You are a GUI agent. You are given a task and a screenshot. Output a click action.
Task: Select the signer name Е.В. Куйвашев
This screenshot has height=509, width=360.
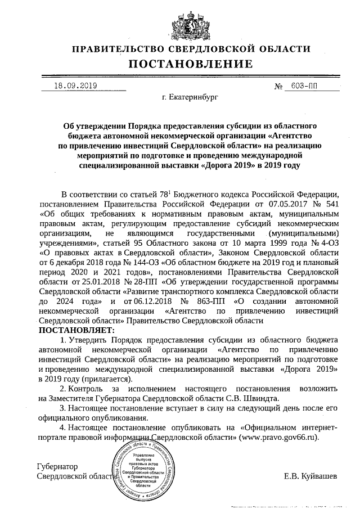point(310,476)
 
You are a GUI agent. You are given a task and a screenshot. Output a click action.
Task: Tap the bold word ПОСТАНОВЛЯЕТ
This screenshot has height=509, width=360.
point(76,330)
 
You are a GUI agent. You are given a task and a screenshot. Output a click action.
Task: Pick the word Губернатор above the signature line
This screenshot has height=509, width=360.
point(57,466)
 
